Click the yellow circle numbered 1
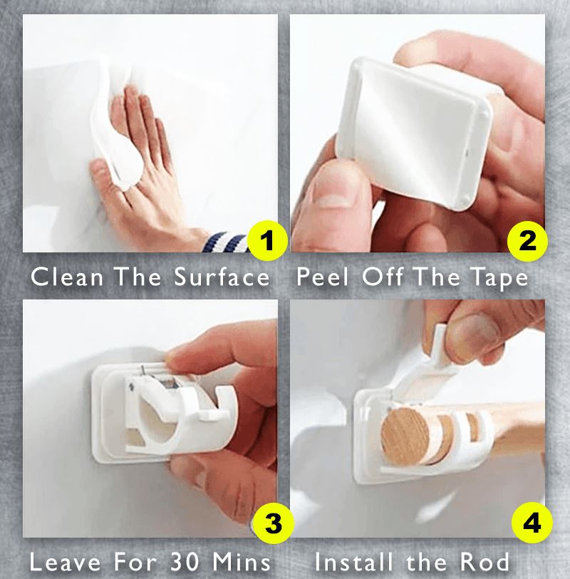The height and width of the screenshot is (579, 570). click(267, 240)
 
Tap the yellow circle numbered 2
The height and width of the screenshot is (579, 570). click(527, 241)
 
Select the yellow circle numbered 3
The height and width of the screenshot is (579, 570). click(274, 523)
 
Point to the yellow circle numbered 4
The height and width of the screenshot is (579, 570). click(532, 523)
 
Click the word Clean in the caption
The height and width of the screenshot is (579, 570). click(67, 277)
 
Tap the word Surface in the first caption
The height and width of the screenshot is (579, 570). click(222, 277)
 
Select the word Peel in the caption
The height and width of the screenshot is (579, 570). click(323, 277)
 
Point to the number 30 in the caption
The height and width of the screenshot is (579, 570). click(185, 562)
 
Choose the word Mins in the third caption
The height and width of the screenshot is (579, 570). click(242, 562)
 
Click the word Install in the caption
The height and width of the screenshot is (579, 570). click(353, 562)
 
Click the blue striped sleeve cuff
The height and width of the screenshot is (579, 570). click(224, 242)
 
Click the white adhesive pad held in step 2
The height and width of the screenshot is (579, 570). click(414, 133)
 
